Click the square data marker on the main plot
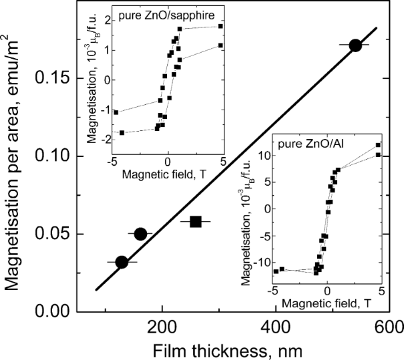(x=196, y=221)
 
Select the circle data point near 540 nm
(x=355, y=45)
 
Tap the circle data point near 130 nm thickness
(x=122, y=262)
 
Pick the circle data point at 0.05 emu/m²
(x=140, y=234)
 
